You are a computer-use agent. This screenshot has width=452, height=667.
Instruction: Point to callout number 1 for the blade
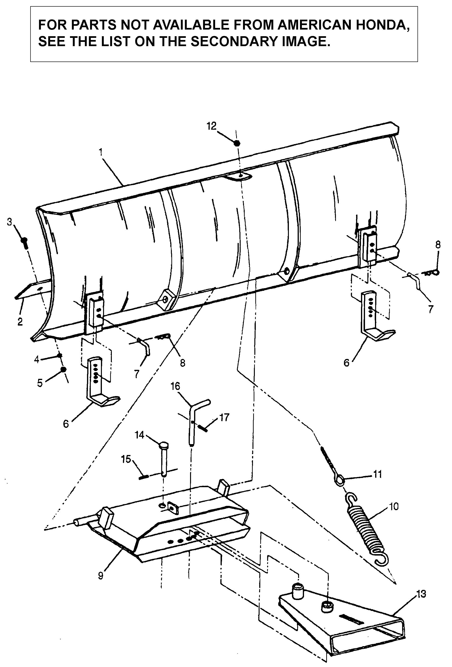(x=101, y=152)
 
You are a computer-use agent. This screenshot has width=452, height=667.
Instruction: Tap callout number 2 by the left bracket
(x=20, y=322)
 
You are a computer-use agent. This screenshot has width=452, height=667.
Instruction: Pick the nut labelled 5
(x=63, y=369)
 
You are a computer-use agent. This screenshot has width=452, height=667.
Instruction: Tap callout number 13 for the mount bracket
(x=421, y=594)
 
